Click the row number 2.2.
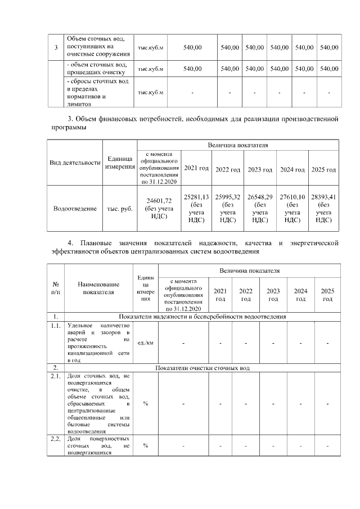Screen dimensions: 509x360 [x=56, y=438]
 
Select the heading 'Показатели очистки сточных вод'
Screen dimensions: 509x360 [x=202, y=368]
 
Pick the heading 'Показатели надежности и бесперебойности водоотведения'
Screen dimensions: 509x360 [x=202, y=317]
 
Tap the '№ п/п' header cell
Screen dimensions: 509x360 [x=56, y=288]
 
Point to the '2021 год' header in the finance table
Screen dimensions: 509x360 [x=197, y=169]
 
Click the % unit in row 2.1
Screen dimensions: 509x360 [x=146, y=403]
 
